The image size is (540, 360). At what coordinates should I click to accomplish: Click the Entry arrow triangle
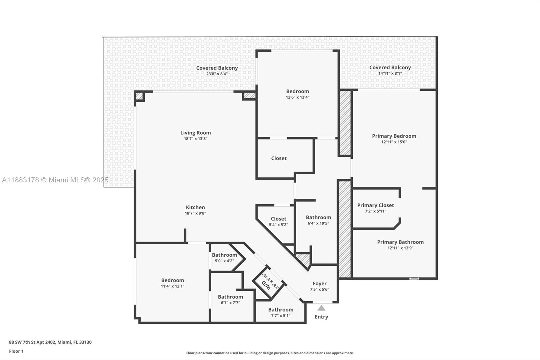pos(321,308)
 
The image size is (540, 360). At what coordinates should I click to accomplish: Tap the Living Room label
pos(195,133)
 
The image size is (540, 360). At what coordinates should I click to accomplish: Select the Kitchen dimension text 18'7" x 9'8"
pos(195,213)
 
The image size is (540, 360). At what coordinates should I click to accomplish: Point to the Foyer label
pos(319,284)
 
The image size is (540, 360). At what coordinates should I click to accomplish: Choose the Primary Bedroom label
pos(394,136)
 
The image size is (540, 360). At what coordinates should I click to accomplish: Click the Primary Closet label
pos(375,205)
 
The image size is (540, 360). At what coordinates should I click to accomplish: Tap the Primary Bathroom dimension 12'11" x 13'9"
pos(400,248)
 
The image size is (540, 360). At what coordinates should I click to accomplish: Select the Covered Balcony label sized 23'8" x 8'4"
pos(217,68)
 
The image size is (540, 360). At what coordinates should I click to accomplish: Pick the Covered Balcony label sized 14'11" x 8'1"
pos(390,68)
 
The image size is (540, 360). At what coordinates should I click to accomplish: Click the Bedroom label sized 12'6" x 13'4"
pos(297,91)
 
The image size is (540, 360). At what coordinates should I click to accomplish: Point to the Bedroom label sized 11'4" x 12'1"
pos(172,280)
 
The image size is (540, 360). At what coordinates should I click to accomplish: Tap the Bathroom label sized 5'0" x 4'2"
pos(224,255)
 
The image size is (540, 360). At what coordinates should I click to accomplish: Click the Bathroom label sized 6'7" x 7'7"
pos(230,297)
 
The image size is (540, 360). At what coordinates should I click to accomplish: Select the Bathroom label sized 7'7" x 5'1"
pos(280,310)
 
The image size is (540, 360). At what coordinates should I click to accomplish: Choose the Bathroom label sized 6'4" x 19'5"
pos(318,217)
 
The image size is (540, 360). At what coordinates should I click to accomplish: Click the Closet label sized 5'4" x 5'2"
pos(278,219)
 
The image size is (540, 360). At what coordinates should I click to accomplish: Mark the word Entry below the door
pos(321,317)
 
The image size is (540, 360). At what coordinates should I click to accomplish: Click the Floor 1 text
pos(16,351)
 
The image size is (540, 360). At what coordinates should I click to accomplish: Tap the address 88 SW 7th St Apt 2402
pos(50,342)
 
